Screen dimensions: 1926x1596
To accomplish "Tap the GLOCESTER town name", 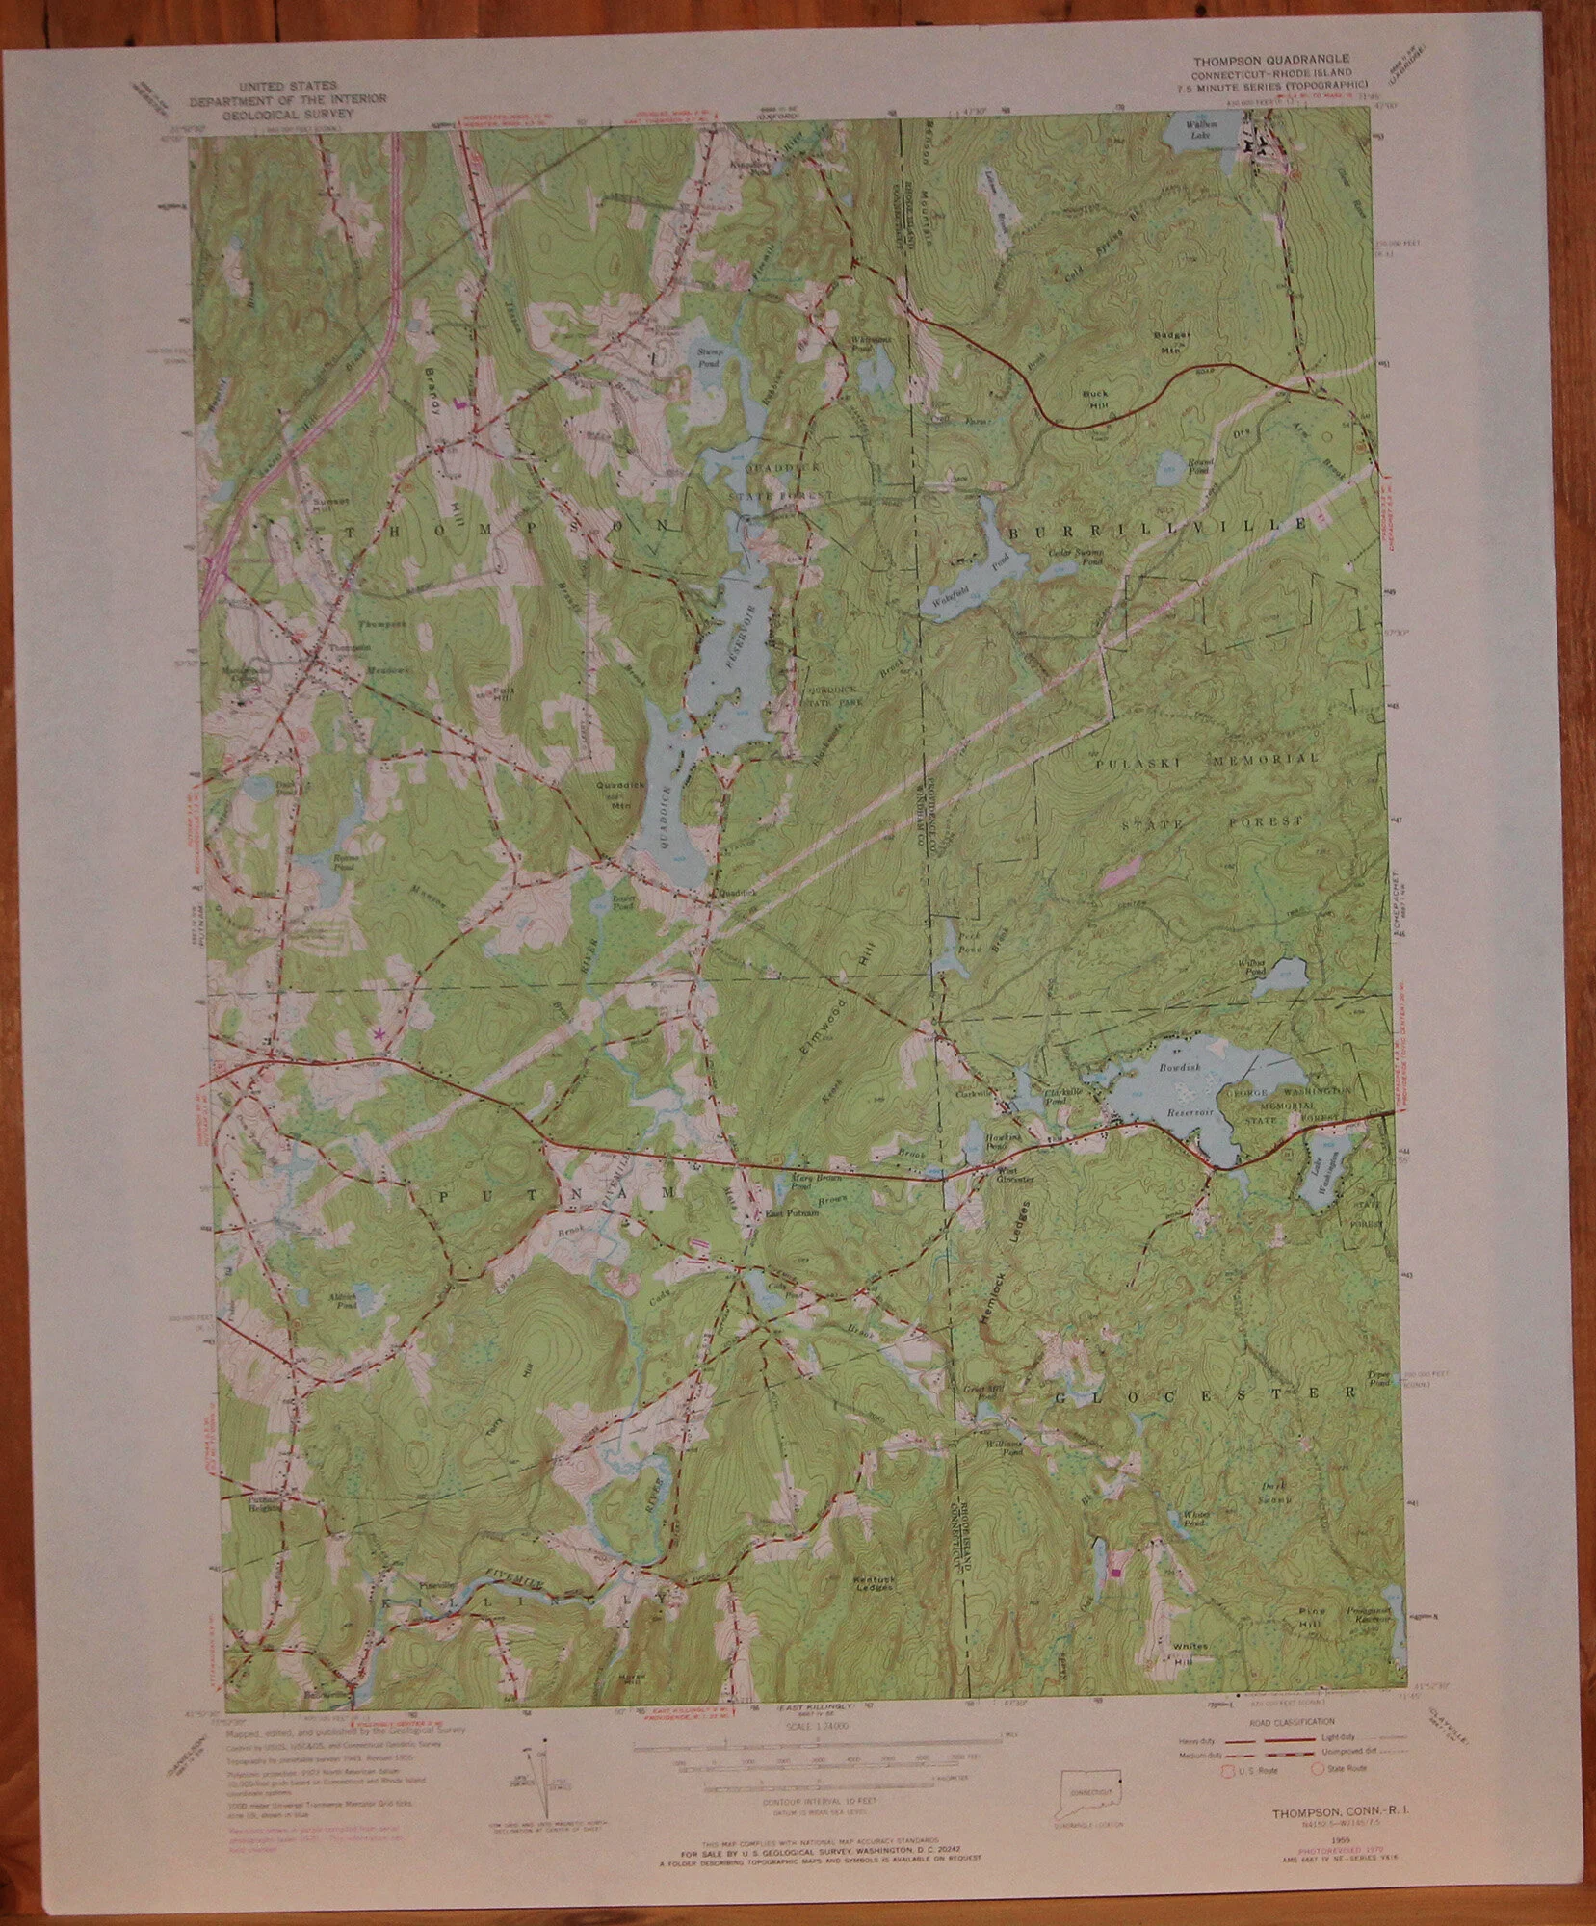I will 1205,1392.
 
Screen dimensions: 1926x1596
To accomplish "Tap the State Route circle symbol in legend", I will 1316,1768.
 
